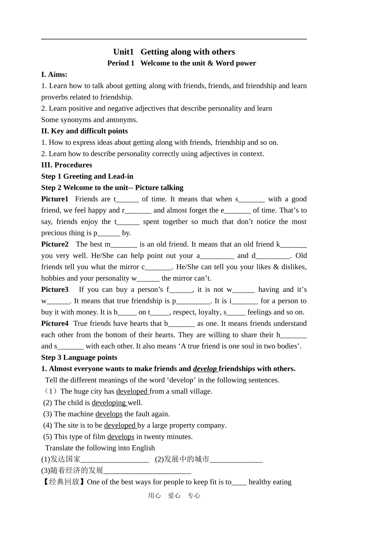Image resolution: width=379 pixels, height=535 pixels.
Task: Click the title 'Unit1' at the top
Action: click(x=123, y=52)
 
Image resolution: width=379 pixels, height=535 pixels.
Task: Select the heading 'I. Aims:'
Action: click(x=54, y=75)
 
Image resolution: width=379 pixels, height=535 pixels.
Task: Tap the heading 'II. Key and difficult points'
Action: click(x=85, y=131)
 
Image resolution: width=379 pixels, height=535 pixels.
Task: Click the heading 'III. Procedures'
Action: click(x=67, y=165)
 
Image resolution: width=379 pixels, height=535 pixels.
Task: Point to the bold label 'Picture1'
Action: click(x=55, y=199)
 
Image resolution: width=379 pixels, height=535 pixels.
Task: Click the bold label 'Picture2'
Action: click(x=55, y=244)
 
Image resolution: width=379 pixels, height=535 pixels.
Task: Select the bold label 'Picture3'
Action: click(x=55, y=289)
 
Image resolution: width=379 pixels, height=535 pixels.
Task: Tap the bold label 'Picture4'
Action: click(x=55, y=323)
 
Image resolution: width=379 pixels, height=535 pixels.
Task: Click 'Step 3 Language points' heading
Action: click(x=79, y=358)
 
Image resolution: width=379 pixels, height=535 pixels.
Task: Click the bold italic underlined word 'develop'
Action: click(x=205, y=369)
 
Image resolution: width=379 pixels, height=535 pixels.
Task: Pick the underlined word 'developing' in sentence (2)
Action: click(x=109, y=403)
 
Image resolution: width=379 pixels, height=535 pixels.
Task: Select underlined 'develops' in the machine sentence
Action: click(x=109, y=414)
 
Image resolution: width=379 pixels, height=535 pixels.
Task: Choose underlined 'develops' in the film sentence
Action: click(x=120, y=437)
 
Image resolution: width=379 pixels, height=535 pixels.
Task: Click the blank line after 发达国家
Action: click(x=115, y=460)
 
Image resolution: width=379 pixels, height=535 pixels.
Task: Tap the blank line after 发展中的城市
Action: click(x=236, y=460)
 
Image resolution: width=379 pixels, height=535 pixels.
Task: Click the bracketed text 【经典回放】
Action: click(x=64, y=482)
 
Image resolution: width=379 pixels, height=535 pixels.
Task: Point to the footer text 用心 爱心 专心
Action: click(x=174, y=496)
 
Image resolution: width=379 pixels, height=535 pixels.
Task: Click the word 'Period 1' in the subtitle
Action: click(x=121, y=63)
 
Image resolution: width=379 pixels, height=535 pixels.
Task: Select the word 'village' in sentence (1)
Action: click(x=200, y=391)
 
